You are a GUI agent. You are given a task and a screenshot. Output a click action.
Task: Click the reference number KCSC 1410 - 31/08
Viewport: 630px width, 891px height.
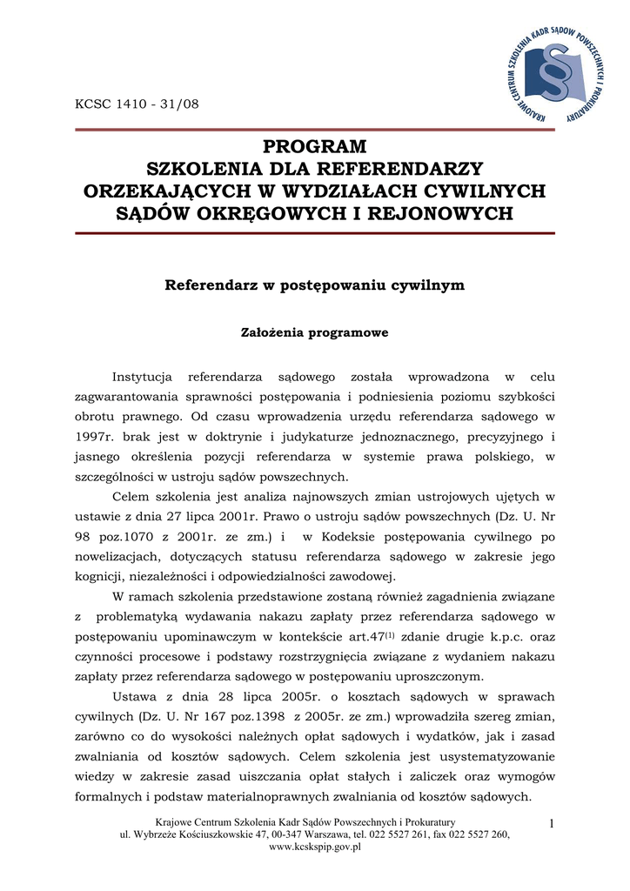[x=137, y=104]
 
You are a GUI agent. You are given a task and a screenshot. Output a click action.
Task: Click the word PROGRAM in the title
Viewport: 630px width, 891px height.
[x=315, y=146]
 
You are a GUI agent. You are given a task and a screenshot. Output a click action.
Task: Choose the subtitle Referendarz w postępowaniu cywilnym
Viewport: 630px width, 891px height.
[x=314, y=285]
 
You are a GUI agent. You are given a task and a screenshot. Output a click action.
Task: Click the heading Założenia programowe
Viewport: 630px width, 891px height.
[x=314, y=332]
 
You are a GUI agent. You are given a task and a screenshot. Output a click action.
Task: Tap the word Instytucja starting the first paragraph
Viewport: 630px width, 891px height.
[x=142, y=376]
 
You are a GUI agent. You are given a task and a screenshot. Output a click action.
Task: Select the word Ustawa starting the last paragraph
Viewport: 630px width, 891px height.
[x=136, y=697]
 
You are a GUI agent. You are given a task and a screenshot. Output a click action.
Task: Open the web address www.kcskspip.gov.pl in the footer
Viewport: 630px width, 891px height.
[x=314, y=847]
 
